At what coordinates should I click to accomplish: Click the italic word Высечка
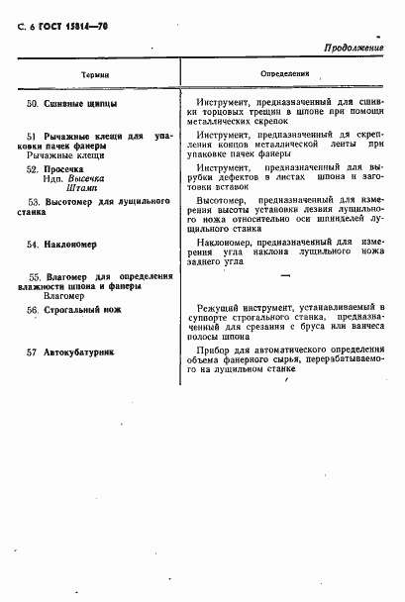[95, 179]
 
